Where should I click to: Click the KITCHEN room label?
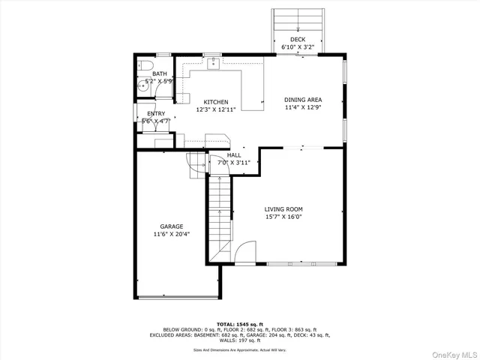pos(216,102)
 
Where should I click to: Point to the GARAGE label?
pos(171,226)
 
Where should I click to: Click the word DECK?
pos(297,39)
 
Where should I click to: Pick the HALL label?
pos(234,155)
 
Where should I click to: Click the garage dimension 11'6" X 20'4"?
pos(171,234)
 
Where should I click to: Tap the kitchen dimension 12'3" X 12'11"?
pos(216,109)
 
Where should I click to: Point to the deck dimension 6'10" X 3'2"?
pos(297,46)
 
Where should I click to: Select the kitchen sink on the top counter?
pos(213,64)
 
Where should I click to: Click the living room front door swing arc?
pos(244,256)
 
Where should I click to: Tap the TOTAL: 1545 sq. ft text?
pos(240,324)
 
